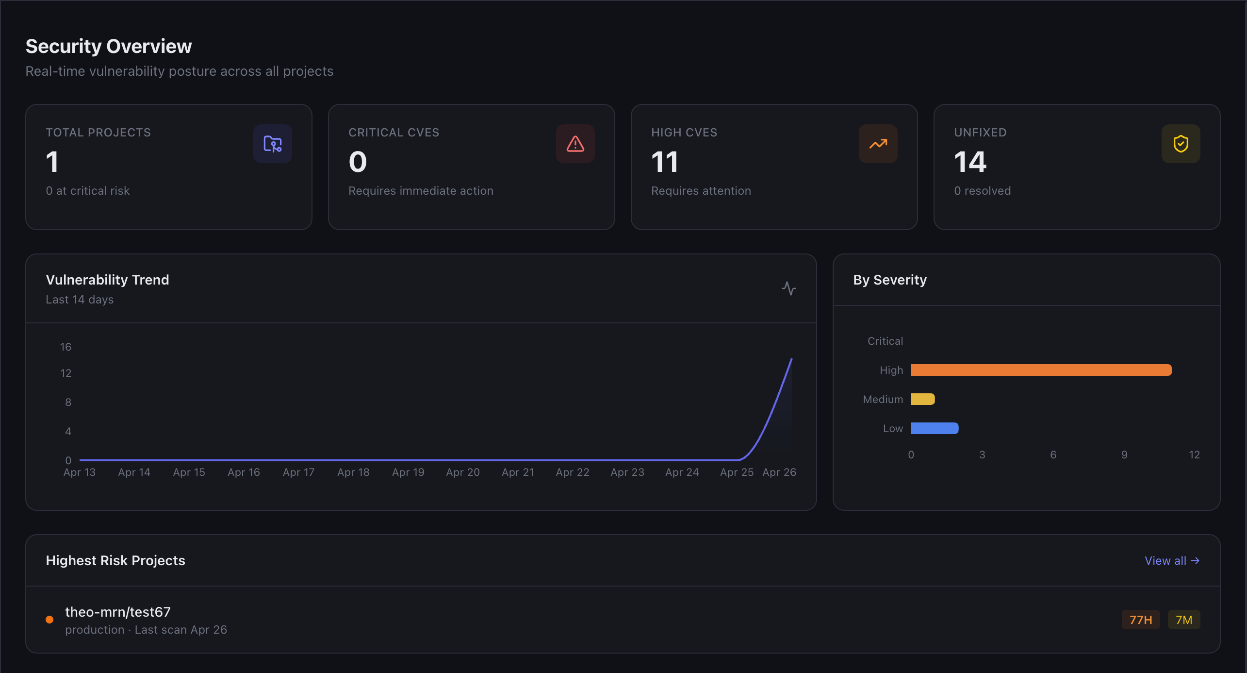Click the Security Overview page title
109,47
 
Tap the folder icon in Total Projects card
272,144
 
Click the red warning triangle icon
575,144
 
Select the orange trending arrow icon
878,144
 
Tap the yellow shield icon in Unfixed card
1181,144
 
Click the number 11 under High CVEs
664,162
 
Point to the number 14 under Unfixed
970,162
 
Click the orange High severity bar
1041,370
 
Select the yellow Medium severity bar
922,399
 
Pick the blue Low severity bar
935,428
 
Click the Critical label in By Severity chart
885,341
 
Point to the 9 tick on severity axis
1124,455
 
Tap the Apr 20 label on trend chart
463,472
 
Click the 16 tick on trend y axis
66,347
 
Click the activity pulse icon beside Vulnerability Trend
788,288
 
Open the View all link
1171,560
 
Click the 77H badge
1140,620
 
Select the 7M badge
1183,620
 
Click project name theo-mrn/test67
118,612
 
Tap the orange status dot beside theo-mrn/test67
49,620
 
